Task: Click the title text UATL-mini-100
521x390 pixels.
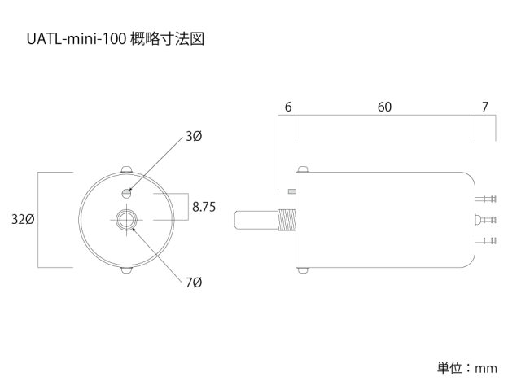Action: click(78, 38)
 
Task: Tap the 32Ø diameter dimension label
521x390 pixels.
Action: click(22, 220)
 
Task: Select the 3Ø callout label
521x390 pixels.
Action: click(193, 137)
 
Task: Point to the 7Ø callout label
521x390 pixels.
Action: click(193, 283)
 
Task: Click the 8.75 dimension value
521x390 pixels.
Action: click(204, 207)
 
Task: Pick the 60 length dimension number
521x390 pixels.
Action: click(384, 107)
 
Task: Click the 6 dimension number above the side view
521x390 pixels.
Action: click(288, 107)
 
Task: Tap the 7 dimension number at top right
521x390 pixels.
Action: click(485, 107)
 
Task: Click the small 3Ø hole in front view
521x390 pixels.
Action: click(125, 193)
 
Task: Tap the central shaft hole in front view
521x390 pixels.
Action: click(125, 220)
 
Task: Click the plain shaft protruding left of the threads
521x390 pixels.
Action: click(256, 220)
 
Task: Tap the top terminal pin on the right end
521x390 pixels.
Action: click(487, 199)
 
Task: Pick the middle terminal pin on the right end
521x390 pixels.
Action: click(487, 218)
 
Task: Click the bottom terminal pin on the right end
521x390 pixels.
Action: click(487, 240)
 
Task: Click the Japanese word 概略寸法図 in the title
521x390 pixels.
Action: click(166, 38)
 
